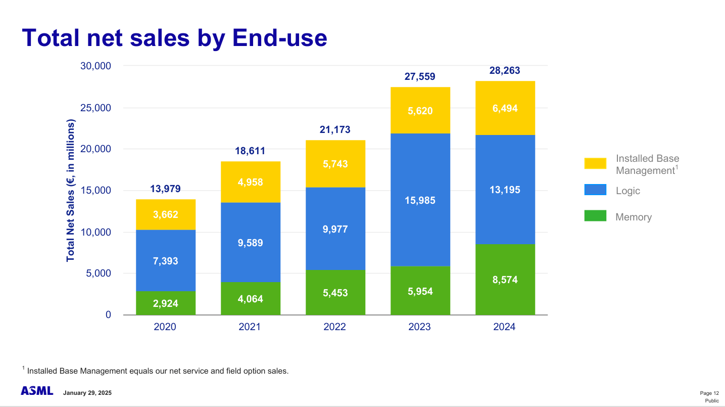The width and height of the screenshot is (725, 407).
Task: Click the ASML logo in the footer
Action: click(37, 391)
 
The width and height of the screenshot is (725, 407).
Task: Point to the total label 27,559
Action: click(419, 77)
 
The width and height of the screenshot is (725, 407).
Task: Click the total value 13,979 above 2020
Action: click(165, 189)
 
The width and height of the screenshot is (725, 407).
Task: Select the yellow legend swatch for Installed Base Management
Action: click(595, 163)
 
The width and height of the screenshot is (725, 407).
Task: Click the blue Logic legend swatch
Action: click(595, 190)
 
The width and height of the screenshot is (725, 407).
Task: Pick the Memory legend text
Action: click(634, 217)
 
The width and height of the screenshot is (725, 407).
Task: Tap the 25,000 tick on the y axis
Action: click(95, 108)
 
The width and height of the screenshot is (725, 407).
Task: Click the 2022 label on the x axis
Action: click(334, 327)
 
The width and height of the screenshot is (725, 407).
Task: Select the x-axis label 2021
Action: click(250, 327)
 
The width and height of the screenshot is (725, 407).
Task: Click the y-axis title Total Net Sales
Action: click(70, 191)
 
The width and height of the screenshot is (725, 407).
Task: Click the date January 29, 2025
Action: click(87, 393)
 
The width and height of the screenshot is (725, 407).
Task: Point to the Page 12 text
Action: click(709, 393)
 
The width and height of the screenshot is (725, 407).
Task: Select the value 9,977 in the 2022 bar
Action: click(335, 229)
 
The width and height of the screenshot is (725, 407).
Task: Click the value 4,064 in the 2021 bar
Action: click(250, 299)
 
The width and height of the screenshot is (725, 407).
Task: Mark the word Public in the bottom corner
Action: click(712, 401)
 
